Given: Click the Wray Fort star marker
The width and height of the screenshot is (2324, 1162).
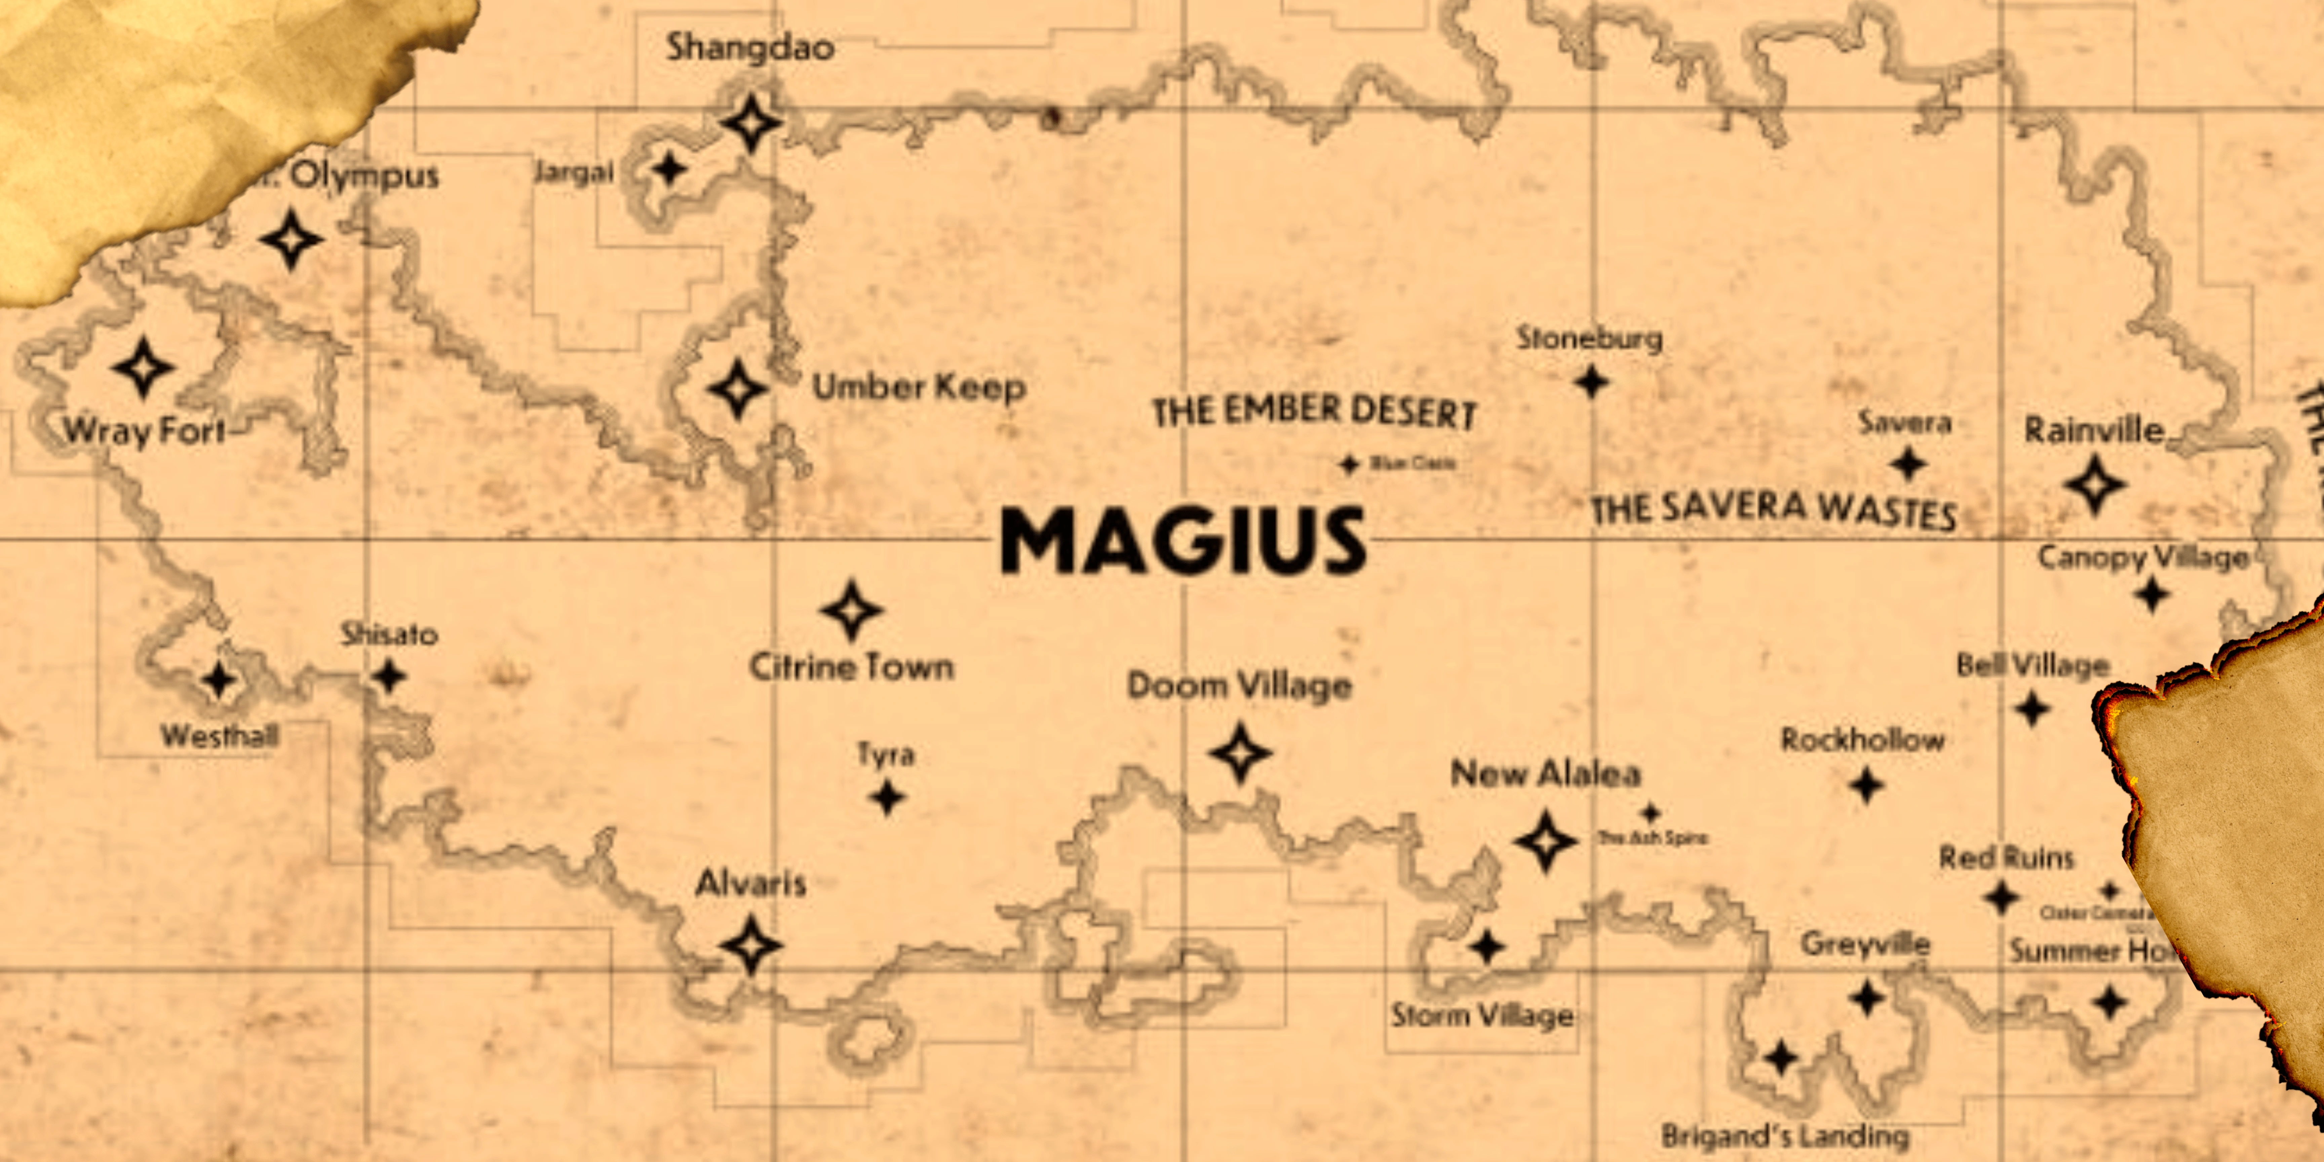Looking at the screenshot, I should (x=143, y=368).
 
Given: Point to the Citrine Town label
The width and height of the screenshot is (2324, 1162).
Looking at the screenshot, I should (x=851, y=668).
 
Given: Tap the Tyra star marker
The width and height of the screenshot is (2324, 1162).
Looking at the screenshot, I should (x=887, y=798).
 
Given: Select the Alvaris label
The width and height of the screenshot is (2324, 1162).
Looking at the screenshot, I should (x=750, y=883).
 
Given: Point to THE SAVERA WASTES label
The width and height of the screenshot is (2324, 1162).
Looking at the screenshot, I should (x=1773, y=510).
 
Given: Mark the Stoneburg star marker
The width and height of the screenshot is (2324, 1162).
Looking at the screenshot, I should (x=1591, y=382).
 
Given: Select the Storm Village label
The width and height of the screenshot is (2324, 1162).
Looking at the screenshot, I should (x=1482, y=1016).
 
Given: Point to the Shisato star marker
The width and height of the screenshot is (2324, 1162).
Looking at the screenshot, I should (x=389, y=676).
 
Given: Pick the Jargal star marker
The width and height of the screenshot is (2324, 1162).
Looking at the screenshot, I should (x=668, y=169).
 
